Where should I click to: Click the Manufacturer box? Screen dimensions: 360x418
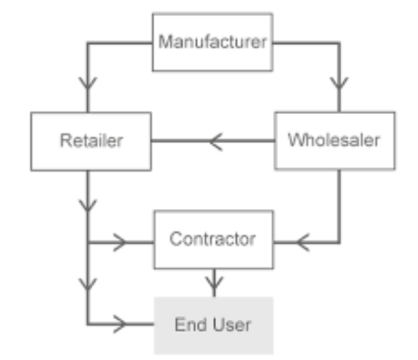(212, 42)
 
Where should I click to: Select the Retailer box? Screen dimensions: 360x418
(91, 141)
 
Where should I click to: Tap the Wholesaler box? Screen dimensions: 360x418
(334, 141)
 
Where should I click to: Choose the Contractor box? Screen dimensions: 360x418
(213, 239)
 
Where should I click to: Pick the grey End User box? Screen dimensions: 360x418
(213, 325)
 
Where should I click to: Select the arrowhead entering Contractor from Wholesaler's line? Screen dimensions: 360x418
(303, 241)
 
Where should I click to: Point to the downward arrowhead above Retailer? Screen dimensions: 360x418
(88, 83)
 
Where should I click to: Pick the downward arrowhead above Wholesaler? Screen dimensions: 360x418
(339, 83)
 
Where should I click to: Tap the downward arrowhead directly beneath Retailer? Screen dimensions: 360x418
(88, 205)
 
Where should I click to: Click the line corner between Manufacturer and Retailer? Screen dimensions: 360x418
(88, 42)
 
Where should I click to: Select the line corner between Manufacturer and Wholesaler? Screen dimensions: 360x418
(339, 42)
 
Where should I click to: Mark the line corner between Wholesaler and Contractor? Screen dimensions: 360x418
(339, 241)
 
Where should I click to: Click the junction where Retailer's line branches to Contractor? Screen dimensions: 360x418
(88, 241)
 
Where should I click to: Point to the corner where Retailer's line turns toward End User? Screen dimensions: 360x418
(88, 325)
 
